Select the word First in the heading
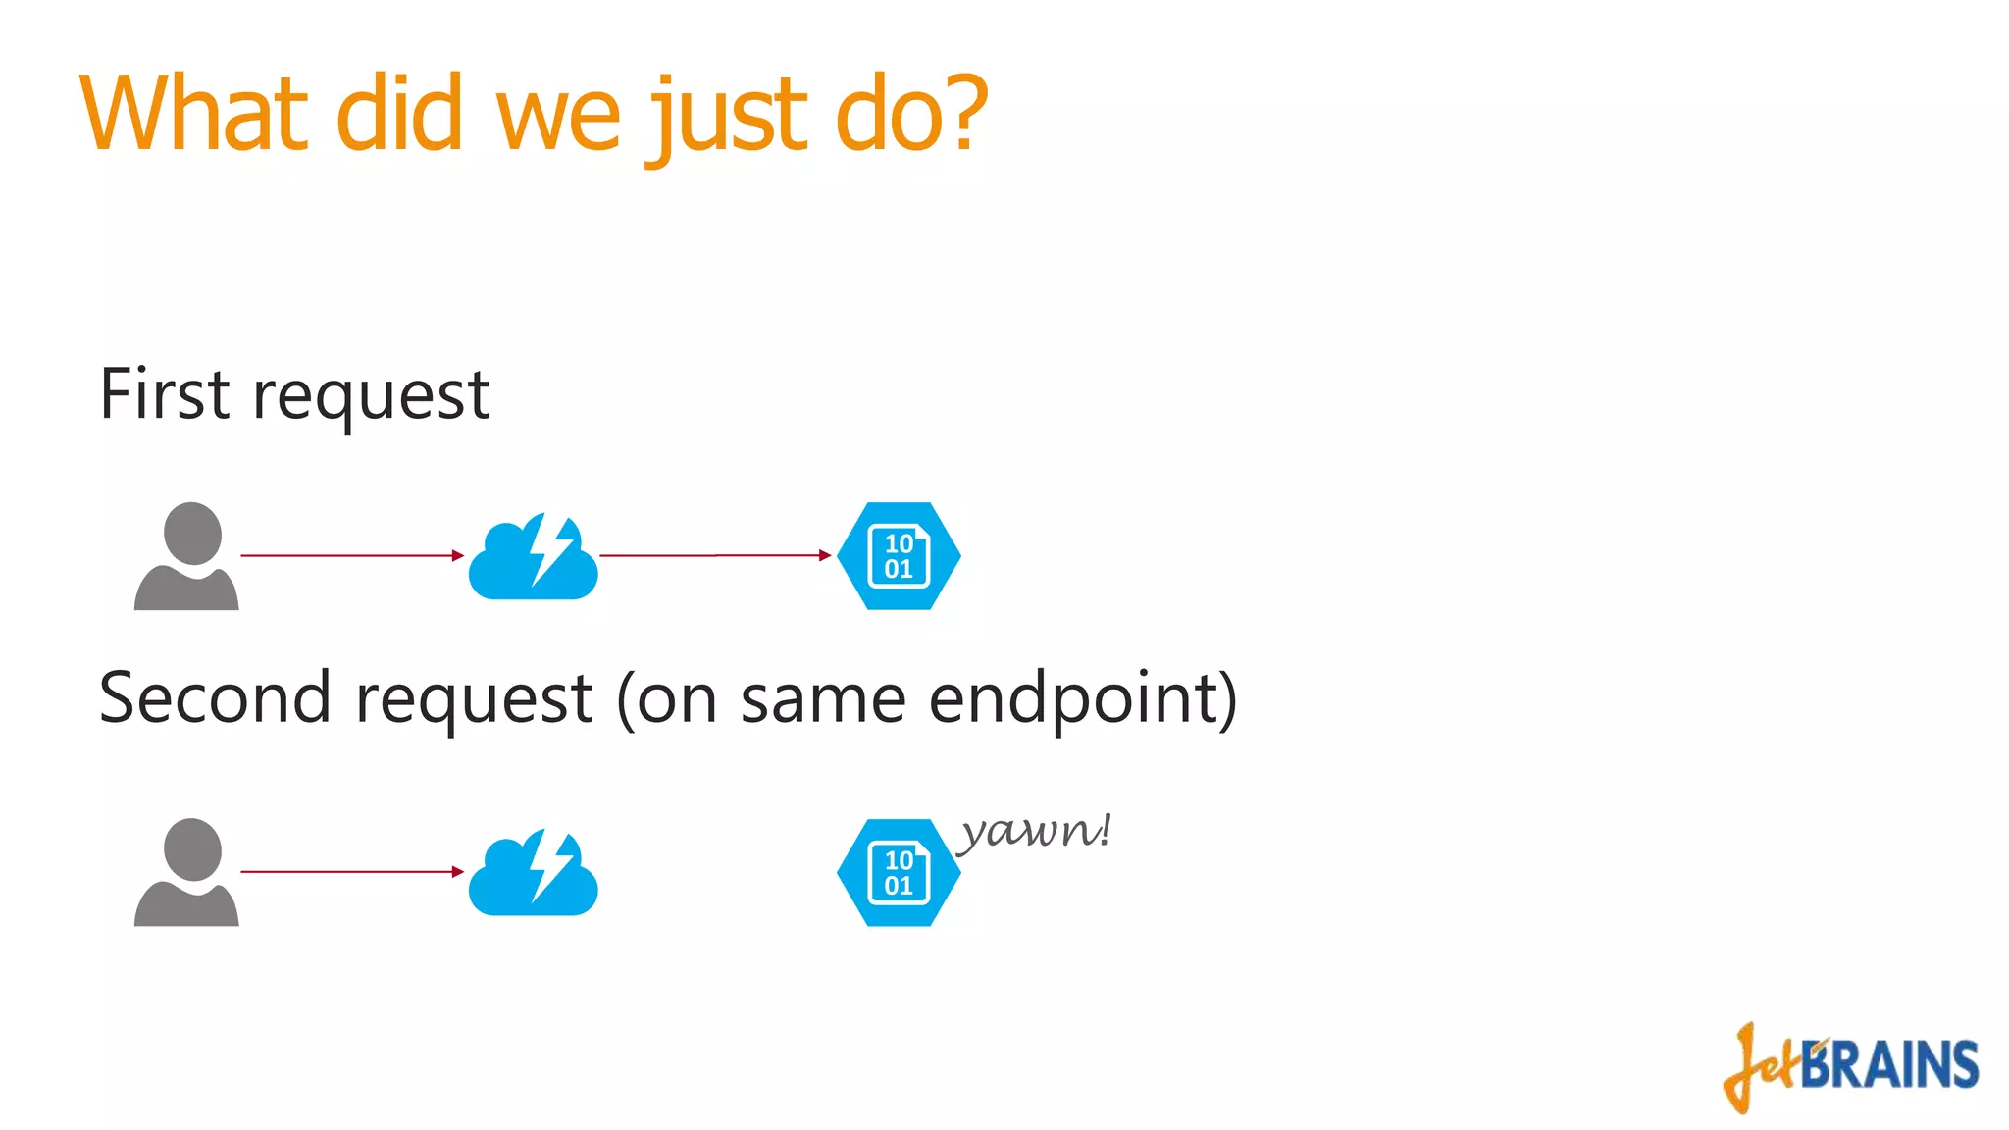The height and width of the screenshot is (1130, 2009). coord(165,394)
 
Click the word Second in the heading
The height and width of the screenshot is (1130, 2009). coord(214,698)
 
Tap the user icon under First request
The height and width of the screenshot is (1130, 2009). coord(186,556)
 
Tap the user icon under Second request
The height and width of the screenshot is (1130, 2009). coord(186,872)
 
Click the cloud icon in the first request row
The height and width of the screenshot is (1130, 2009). coord(533,557)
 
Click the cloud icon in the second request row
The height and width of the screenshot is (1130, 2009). coord(533,873)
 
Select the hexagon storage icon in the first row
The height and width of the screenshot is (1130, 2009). coord(899,556)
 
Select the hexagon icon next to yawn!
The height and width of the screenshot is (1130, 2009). coord(899,872)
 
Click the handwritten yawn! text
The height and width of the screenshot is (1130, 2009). coord(1035,832)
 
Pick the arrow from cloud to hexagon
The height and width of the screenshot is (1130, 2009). coord(715,555)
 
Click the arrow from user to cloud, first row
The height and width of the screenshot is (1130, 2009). coord(351,555)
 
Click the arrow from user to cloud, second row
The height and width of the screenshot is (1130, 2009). coord(351,871)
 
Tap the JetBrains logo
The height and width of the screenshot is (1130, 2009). coord(1852,1067)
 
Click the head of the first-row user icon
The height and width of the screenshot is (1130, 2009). coord(192,533)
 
